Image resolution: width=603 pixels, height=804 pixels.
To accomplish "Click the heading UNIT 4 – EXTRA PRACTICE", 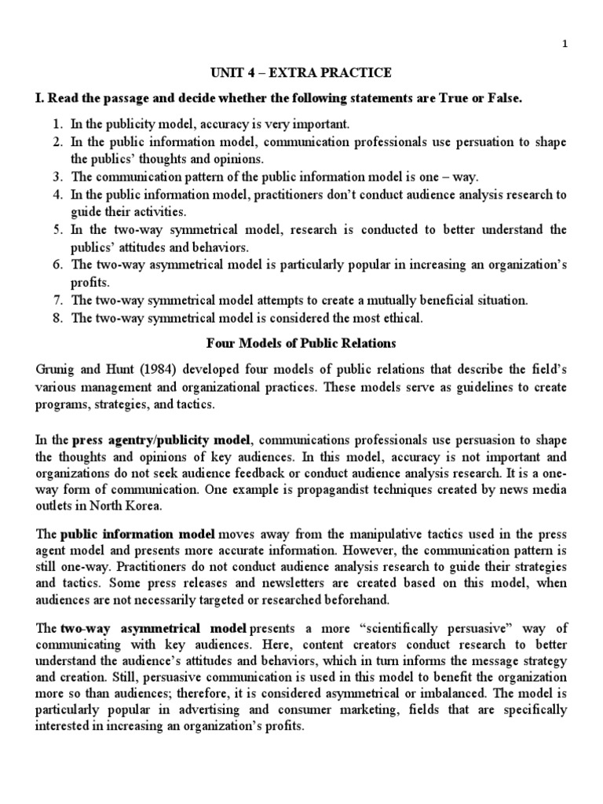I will point(301,73).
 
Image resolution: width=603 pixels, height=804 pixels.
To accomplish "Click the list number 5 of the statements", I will point(57,230).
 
